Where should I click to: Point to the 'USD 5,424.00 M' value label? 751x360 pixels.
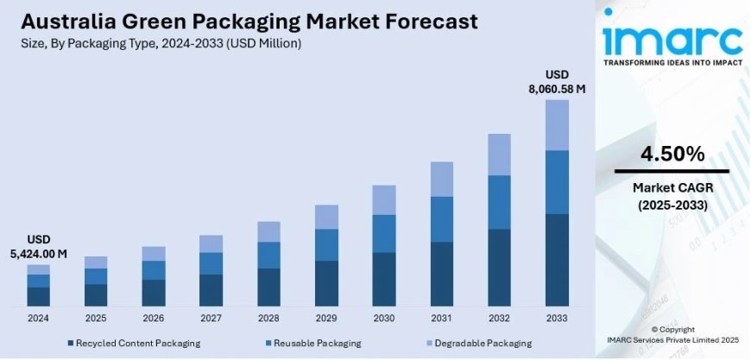point(38,245)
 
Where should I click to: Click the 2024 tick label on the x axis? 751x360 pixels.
point(38,318)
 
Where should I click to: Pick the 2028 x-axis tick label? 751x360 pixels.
point(268,318)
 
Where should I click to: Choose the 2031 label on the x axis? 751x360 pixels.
point(441,318)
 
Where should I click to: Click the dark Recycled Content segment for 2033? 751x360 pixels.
point(557,260)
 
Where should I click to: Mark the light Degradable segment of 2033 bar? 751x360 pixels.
point(557,124)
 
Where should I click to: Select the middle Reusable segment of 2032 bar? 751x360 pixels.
point(499,202)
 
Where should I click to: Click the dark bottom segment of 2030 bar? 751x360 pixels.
point(383,279)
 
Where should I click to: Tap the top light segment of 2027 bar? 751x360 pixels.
point(211,243)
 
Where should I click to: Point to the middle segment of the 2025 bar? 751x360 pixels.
point(96,275)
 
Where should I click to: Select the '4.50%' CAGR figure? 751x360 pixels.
point(672,155)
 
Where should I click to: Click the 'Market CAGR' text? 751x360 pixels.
point(672,188)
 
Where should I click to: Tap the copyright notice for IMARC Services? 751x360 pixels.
point(672,335)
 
